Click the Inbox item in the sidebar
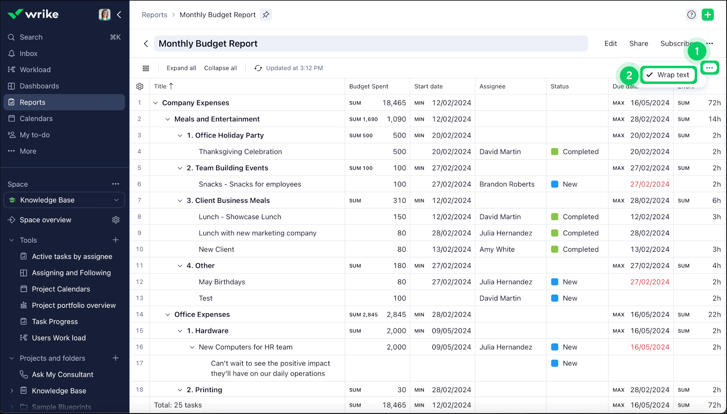[x=28, y=54]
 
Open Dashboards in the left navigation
[x=39, y=86]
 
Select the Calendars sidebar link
[x=36, y=119]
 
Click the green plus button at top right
[x=708, y=15]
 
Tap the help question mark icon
[x=691, y=15]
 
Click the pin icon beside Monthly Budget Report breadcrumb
[x=266, y=15]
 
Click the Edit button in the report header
[x=610, y=44]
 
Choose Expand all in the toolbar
[x=181, y=68]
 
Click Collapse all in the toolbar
[x=220, y=68]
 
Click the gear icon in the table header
[x=140, y=86]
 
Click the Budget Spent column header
[x=369, y=86]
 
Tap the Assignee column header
[x=492, y=86]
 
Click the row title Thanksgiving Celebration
[x=240, y=152]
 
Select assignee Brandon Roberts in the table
[x=507, y=184]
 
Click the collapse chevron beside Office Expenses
[x=167, y=315]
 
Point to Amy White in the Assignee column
[x=497, y=249]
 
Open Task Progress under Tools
[x=55, y=322]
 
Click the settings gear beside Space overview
[x=116, y=220]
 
